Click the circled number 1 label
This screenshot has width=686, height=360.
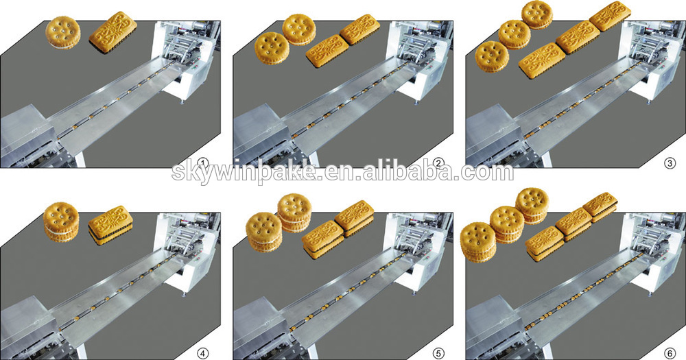pyautogui.click(x=202, y=164)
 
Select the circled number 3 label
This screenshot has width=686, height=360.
pyautogui.click(x=670, y=164)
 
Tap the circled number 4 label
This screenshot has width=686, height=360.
pyautogui.click(x=204, y=352)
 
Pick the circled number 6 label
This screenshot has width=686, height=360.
pyautogui.click(x=670, y=352)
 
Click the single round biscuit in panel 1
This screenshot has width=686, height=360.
pyautogui.click(x=64, y=32)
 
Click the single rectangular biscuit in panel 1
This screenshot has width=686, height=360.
pyautogui.click(x=113, y=33)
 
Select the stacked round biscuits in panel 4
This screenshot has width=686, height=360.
pyautogui.click(x=61, y=221)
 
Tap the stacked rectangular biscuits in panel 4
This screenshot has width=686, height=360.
pyautogui.click(x=110, y=226)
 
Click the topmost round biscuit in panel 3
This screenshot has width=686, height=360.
pyautogui.click(x=537, y=14)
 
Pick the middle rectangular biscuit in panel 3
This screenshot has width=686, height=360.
pyautogui.click(x=578, y=38)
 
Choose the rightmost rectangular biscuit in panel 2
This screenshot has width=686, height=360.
pyautogui.click(x=359, y=29)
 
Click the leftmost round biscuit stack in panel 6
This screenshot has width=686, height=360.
pyautogui.click(x=479, y=242)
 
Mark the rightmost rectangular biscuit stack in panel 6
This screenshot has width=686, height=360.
pyautogui.click(x=600, y=207)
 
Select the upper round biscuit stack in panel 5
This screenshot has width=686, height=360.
pyautogui.click(x=294, y=213)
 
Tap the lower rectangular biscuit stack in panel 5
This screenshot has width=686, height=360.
pyautogui.click(x=323, y=239)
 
